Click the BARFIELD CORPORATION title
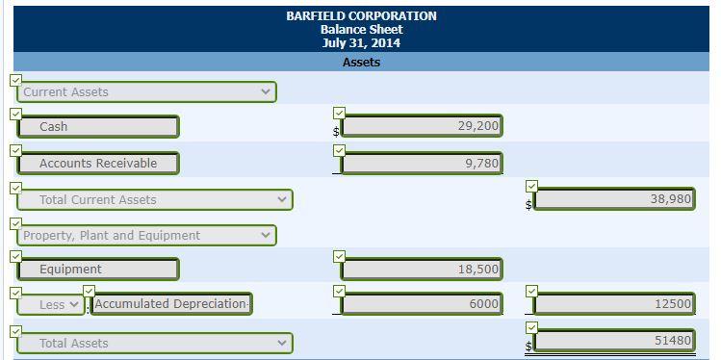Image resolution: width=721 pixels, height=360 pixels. pos(361,16)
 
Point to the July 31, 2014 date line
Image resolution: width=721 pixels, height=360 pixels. pos(361,43)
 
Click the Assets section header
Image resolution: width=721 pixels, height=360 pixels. pos(361,63)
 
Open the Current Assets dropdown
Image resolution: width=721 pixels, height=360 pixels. pos(147,92)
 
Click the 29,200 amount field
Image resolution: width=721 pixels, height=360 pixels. pos(421,127)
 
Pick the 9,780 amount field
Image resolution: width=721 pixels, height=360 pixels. pos(421,164)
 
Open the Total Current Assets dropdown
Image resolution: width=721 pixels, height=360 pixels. pos(155,200)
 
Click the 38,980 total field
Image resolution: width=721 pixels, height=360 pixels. pos(614,199)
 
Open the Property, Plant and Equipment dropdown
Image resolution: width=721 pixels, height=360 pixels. pos(147,236)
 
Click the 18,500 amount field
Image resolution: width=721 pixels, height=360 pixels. pos(421,270)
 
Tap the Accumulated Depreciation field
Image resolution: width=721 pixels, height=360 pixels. pos(171,304)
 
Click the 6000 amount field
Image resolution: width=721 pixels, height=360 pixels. pos(421,304)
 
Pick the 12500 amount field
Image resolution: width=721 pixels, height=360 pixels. pos(614,304)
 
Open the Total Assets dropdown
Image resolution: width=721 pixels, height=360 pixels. pos(155,344)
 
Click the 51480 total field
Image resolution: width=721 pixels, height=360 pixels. pos(614,341)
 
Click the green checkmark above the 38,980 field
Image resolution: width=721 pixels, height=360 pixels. pos(533,185)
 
